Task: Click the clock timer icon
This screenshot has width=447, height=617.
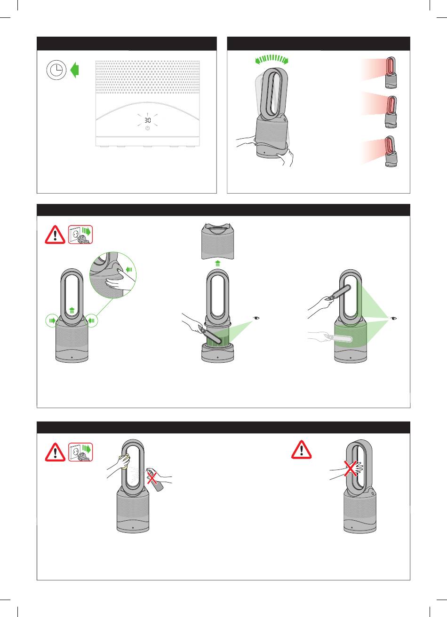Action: pos(56,70)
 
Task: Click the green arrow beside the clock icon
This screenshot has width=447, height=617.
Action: pos(74,70)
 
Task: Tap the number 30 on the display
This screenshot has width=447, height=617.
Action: pos(148,120)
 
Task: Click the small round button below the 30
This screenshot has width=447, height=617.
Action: pos(148,128)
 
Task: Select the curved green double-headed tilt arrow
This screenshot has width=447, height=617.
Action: pos(271,59)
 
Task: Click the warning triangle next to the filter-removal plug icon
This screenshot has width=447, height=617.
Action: pos(55,234)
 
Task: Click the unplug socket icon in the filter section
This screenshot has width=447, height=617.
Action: pos(80,234)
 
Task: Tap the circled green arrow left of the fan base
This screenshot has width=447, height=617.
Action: pos(52,320)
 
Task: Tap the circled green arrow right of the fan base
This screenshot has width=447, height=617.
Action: pos(92,320)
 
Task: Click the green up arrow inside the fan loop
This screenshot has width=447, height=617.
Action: pos(72,311)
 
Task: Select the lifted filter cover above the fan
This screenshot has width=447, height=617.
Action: pos(218,241)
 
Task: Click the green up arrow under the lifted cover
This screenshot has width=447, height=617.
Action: pos(218,263)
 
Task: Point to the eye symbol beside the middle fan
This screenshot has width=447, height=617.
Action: pos(257,318)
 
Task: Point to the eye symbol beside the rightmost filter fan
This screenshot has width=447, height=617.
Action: pos(394,319)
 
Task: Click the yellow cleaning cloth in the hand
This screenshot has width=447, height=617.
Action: pos(125,462)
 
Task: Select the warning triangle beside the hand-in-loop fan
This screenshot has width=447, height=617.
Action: pos(302,450)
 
